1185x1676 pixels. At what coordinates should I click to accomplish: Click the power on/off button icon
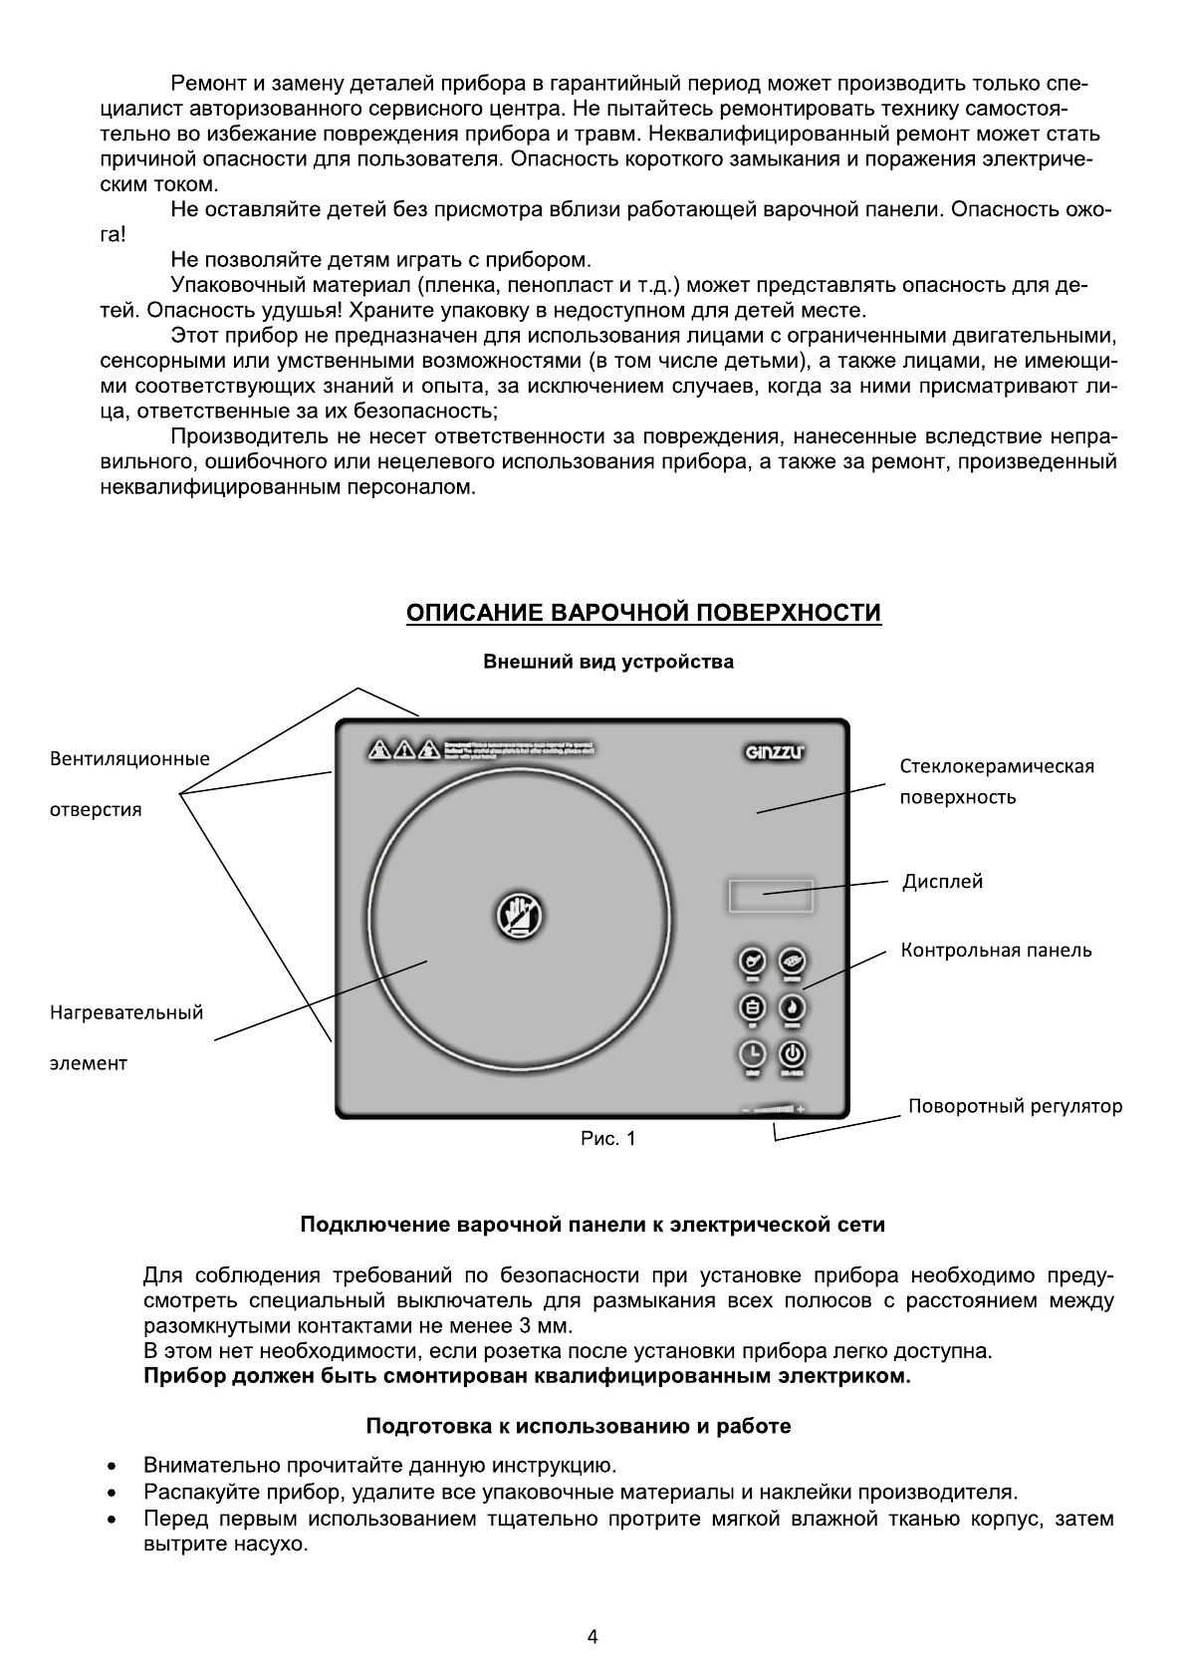[x=793, y=1054]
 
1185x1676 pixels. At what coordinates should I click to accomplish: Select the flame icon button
[x=793, y=1007]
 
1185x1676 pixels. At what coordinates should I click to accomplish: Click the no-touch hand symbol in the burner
[x=520, y=916]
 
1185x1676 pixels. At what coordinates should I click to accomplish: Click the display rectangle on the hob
[x=771, y=896]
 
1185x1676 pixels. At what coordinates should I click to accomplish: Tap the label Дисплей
[x=942, y=882]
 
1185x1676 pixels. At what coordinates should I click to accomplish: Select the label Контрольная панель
[x=996, y=951]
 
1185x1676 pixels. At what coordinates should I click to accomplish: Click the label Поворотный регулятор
[x=1015, y=1106]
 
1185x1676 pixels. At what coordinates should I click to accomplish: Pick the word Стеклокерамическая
[x=997, y=766]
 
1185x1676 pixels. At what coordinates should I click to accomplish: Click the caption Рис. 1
[x=607, y=1138]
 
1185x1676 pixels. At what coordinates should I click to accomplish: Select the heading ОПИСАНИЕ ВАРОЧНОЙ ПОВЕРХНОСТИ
[x=643, y=612]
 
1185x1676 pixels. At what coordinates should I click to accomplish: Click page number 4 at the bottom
[x=593, y=1636]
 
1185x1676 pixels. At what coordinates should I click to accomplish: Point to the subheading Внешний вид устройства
[x=608, y=662]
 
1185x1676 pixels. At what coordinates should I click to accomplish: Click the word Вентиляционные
[x=129, y=759]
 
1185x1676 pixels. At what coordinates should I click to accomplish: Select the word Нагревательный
[x=126, y=1013]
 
